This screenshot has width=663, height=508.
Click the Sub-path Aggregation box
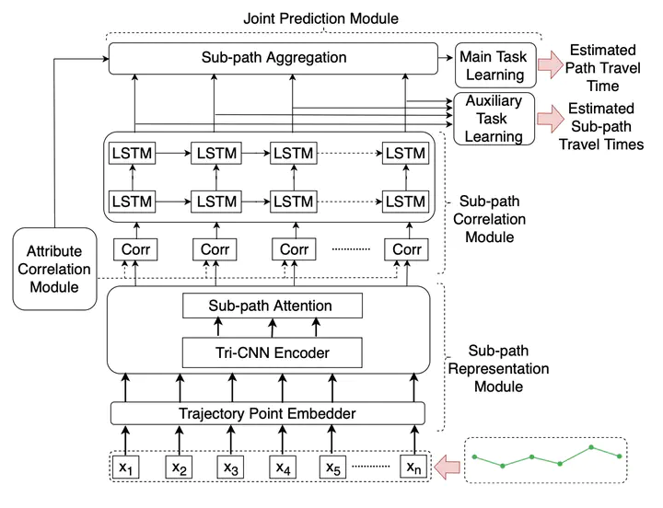click(273, 58)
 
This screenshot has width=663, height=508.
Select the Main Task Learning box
click(493, 65)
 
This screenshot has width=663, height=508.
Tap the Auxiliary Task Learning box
click(494, 118)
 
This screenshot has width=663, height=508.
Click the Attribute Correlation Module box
click(54, 268)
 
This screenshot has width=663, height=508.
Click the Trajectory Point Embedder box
click(268, 413)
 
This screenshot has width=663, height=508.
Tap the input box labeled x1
click(127, 468)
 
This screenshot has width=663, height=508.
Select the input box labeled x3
click(231, 468)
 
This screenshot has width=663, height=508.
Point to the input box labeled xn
click(413, 468)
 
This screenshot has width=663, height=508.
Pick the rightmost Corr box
click(406, 248)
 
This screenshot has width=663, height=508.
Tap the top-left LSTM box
click(133, 151)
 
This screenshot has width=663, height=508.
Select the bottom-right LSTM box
click(405, 200)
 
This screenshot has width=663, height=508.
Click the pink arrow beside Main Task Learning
click(552, 63)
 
